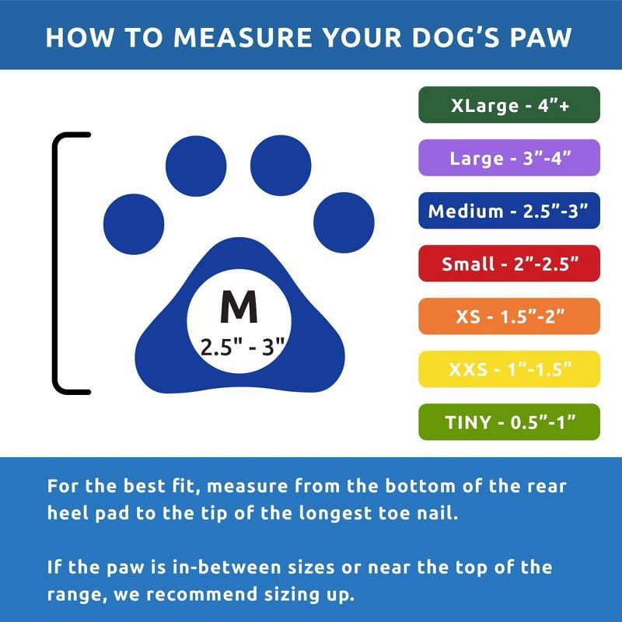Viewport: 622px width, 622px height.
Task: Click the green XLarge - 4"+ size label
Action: tap(509, 105)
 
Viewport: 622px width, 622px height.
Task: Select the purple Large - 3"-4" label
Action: tap(509, 158)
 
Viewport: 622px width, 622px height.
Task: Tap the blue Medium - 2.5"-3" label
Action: tap(509, 211)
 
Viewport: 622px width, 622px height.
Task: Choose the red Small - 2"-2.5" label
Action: tap(509, 264)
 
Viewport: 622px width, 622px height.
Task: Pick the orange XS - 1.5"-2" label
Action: tap(509, 316)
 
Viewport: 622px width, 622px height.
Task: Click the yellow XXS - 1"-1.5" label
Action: tap(509, 369)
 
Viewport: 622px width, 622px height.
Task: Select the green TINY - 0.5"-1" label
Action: tap(509, 422)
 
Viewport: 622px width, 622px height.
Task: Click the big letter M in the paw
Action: tap(239, 308)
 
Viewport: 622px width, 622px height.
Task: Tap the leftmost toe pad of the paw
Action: tap(135, 216)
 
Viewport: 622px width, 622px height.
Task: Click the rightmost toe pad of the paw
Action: tap(344, 216)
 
